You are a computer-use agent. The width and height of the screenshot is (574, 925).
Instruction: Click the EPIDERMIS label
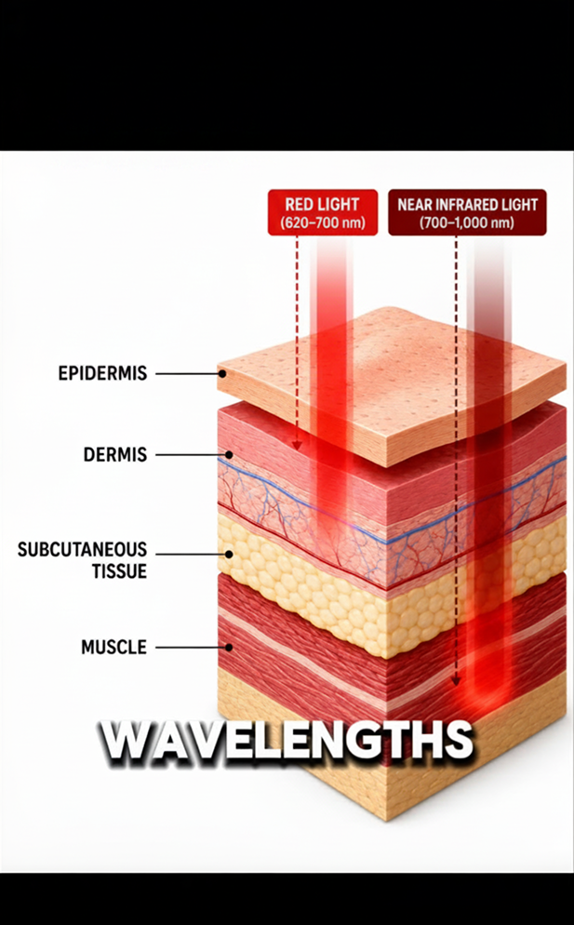(x=102, y=373)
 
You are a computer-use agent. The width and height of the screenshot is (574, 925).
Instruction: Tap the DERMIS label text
(x=115, y=455)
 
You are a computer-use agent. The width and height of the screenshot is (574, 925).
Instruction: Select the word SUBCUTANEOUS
(x=82, y=550)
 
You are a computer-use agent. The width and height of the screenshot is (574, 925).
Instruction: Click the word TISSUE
(x=119, y=571)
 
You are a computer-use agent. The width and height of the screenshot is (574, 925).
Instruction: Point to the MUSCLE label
(x=113, y=647)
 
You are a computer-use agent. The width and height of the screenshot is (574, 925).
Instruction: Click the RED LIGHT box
(x=323, y=212)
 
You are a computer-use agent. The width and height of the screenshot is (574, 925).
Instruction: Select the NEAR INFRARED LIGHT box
(x=467, y=212)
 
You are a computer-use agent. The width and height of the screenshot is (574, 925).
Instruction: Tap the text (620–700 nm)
(x=323, y=223)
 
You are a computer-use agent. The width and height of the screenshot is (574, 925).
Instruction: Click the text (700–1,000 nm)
(x=467, y=223)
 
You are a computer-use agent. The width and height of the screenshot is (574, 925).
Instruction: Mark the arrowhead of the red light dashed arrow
(x=297, y=446)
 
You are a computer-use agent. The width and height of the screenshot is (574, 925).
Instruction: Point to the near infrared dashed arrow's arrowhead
(x=456, y=681)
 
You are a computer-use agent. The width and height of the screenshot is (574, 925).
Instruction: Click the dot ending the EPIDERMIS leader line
(x=222, y=373)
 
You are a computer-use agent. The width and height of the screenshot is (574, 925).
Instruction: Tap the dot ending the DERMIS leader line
(x=228, y=455)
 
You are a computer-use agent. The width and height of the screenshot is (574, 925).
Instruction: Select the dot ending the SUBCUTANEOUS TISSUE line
(x=228, y=555)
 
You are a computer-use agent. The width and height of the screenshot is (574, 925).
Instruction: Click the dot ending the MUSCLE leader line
(x=228, y=647)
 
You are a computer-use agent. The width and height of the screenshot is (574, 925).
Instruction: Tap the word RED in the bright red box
(x=299, y=205)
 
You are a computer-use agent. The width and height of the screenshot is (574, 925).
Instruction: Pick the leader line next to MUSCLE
(x=192, y=647)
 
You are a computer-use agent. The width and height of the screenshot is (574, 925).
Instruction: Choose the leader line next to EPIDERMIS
(x=189, y=373)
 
